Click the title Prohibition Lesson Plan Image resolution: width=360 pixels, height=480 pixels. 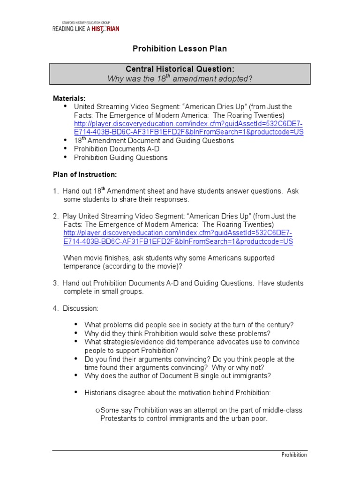(180, 49)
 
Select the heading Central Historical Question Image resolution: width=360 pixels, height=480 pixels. (180, 69)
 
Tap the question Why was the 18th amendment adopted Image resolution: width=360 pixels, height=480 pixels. (180, 78)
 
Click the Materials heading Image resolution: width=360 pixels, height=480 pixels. (69, 98)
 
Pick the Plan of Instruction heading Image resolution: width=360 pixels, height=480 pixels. (84, 174)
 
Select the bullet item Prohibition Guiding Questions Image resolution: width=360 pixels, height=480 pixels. (120, 157)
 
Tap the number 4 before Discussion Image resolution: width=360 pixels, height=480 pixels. (55, 308)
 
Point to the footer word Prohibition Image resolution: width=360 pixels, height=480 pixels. (294, 455)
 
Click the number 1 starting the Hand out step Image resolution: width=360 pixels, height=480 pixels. (55, 191)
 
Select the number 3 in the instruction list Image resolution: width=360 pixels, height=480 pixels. (55, 283)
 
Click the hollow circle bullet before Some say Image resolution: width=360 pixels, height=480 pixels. (97, 411)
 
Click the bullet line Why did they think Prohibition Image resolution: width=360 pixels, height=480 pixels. (177, 333)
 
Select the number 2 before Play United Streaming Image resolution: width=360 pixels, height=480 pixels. (55, 216)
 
